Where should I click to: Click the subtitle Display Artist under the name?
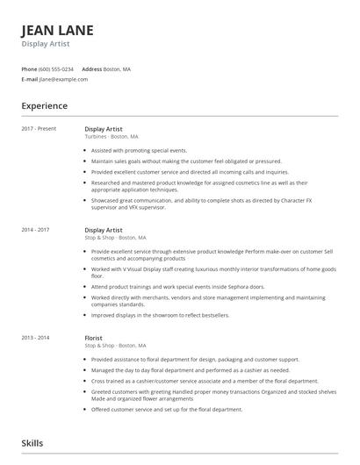[45, 43]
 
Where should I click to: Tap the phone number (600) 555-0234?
[57, 68]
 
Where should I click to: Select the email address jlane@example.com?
[63, 79]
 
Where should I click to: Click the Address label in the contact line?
[91, 68]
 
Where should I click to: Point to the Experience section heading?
[44, 105]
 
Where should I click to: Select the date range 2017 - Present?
[39, 129]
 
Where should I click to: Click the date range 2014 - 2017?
[36, 230]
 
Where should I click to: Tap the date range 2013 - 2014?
[36, 338]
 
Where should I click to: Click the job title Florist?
[93, 338]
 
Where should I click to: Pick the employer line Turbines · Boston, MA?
[111, 136]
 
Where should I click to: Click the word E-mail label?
[29, 79]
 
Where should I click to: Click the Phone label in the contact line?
[29, 68]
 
